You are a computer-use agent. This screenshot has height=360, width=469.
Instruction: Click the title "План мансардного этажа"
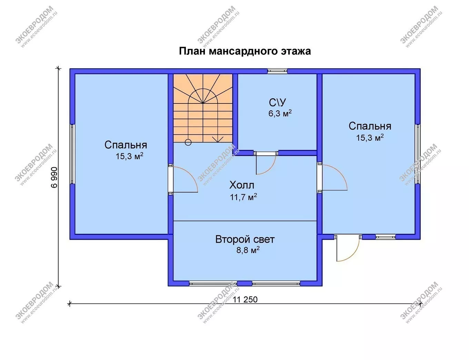tap(245, 51)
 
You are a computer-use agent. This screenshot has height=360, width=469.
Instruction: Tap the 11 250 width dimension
tap(245, 300)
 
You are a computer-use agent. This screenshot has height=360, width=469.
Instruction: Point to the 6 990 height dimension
tap(54, 177)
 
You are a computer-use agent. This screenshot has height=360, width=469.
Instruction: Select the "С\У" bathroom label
tap(277, 102)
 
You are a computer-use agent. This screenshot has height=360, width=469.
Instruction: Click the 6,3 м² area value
tap(280, 113)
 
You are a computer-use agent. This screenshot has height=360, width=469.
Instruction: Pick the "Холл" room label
tap(242, 185)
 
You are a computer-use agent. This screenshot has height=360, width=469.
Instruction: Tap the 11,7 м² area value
tap(243, 197)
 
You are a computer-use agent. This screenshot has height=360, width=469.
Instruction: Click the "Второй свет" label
tap(245, 239)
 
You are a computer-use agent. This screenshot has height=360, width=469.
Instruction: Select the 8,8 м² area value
tap(248, 250)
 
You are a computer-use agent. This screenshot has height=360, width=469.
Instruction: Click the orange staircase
tap(203, 108)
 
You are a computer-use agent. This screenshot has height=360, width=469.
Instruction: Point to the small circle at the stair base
tap(188, 142)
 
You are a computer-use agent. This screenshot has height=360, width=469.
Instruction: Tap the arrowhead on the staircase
tap(218, 139)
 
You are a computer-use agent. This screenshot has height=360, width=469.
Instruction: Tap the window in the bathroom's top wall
tap(277, 71)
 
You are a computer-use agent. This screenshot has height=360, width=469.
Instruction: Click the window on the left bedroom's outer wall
tap(72, 154)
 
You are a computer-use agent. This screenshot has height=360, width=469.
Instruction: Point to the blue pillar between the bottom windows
tap(245, 283)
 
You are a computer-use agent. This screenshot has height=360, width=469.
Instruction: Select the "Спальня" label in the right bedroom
tap(370, 126)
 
